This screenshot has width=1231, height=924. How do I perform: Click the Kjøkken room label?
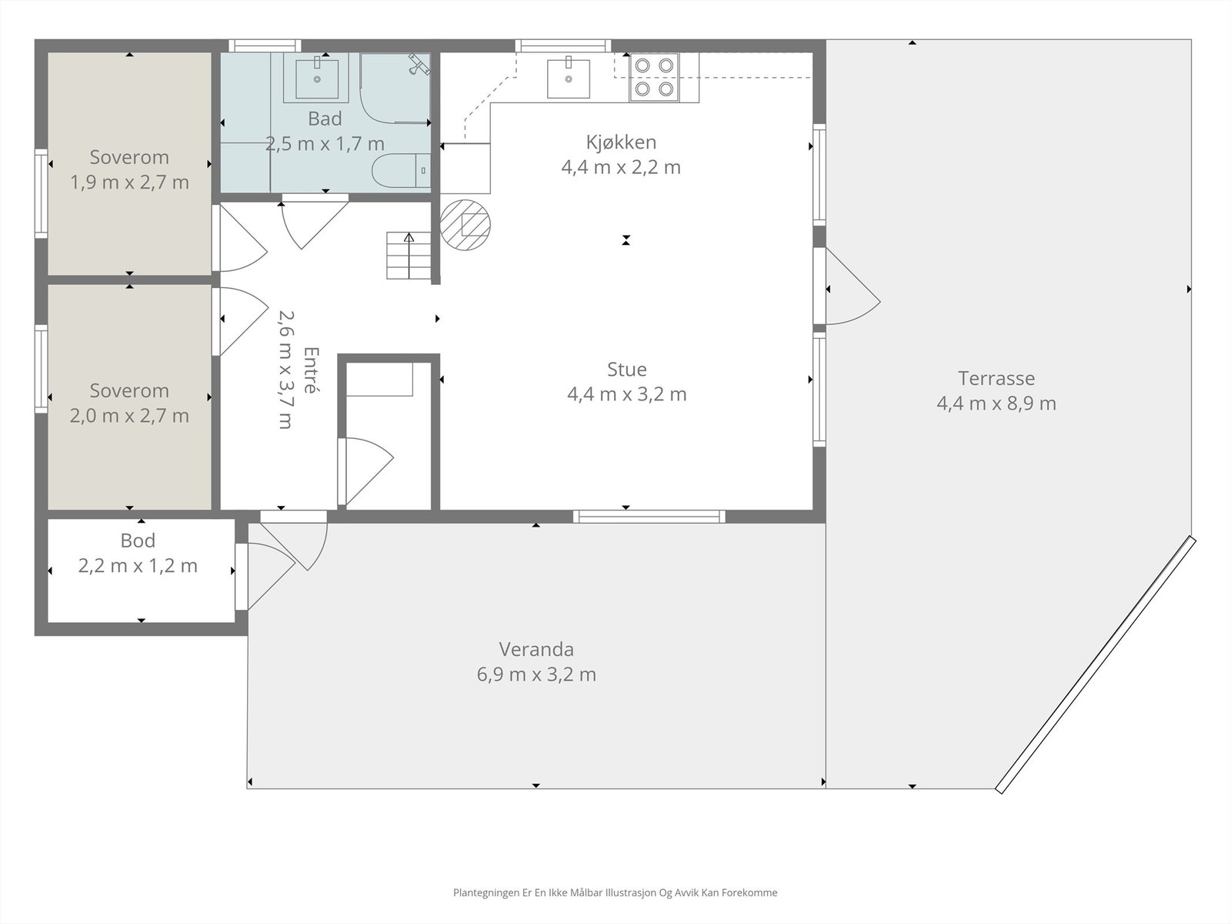point(621,142)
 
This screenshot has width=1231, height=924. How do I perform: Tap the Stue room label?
point(626,369)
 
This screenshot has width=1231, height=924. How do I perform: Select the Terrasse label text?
point(996,378)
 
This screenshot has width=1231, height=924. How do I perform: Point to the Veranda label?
point(536,649)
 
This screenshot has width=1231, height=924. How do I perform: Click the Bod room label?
point(138,541)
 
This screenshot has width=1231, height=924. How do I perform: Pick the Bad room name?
point(325,119)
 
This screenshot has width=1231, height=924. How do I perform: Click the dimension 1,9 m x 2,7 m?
point(129,182)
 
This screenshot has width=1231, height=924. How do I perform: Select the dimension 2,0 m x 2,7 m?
point(129,416)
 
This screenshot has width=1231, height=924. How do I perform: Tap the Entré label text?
point(311,370)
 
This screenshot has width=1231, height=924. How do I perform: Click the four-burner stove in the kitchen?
point(654,78)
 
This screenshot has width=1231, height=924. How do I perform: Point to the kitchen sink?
point(568,78)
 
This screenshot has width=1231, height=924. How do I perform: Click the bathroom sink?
point(317,78)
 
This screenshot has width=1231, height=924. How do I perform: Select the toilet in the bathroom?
point(401,170)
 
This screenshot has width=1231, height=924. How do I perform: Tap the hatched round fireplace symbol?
point(465,225)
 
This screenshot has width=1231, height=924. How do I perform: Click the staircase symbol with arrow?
point(409,256)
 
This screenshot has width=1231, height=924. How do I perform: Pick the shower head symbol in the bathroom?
point(419,63)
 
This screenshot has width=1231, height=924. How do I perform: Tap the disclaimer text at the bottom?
point(615,892)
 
